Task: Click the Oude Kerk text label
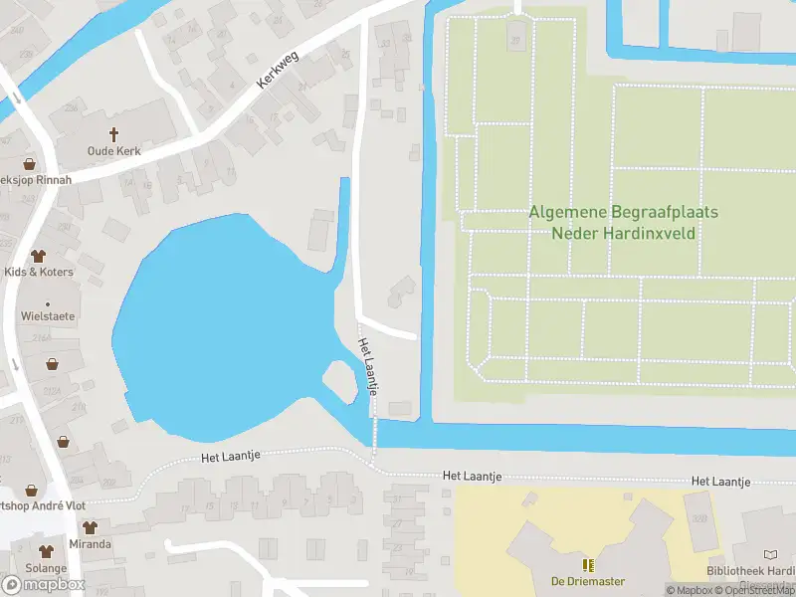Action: [x=113, y=150]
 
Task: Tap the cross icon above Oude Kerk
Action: [x=113, y=133]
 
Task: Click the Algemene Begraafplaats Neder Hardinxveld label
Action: [x=624, y=223]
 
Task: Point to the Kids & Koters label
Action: [x=39, y=272]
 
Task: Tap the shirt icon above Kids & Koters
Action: [x=39, y=256]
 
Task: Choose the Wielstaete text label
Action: [x=47, y=315]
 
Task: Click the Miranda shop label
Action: [x=90, y=544]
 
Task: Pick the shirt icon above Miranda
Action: [x=90, y=527]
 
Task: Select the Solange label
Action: [x=46, y=568]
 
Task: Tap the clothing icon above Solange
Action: [x=46, y=551]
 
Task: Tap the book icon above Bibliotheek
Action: [x=771, y=553]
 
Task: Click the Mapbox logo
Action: [x=44, y=584]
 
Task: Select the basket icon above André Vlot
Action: [x=31, y=490]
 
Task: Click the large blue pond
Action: [x=219, y=328]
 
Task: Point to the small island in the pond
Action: [x=339, y=381]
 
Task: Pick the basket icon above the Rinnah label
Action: [x=29, y=163]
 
